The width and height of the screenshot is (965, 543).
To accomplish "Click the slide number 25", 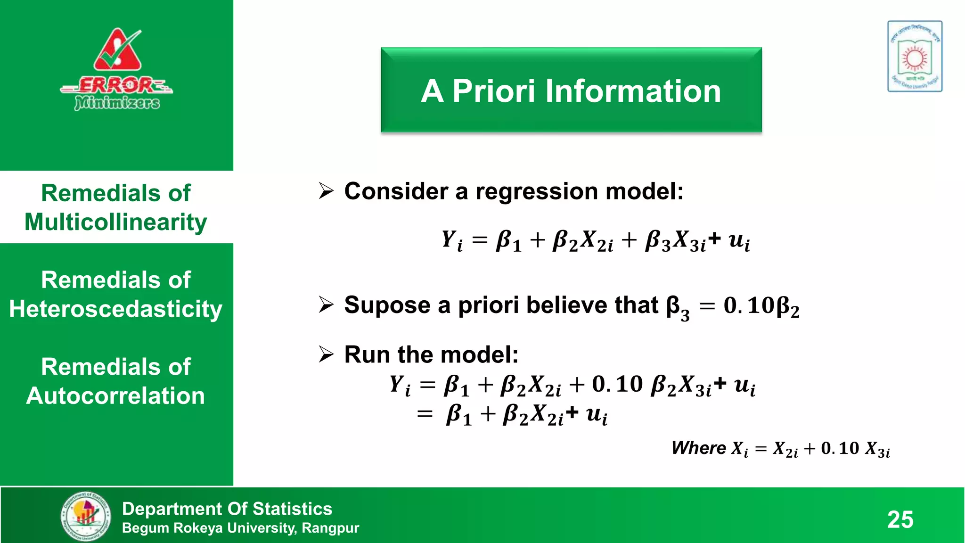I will point(900,519).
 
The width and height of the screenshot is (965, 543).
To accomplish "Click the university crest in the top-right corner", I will point(915,56).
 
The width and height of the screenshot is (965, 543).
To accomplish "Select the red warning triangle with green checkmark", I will point(118,51).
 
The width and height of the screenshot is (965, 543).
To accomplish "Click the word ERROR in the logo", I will point(116,86).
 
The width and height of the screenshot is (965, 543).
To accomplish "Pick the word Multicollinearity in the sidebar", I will point(116,222).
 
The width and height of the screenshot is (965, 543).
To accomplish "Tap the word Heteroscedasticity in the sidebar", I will point(116,309).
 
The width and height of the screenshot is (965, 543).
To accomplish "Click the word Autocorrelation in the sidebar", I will point(116,396).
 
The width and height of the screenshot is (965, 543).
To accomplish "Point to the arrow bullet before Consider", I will point(326,191).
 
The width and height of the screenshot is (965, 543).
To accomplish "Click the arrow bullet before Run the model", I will point(326,354).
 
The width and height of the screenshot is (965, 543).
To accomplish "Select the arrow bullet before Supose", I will point(326,304).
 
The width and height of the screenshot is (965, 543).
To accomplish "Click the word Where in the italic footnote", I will point(699,448).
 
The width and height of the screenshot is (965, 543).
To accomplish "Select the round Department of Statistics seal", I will point(86,516).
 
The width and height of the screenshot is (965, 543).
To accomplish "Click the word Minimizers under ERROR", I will point(117,102).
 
